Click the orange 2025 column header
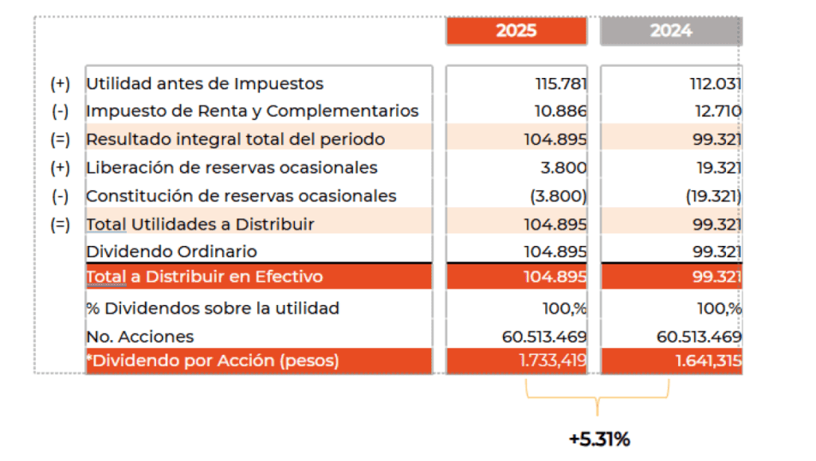(516, 31)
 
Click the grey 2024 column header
(670, 31)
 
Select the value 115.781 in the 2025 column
(561, 84)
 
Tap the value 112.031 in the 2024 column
(715, 84)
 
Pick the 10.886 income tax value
(561, 111)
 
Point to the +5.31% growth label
(598, 439)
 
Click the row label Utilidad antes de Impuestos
(204, 84)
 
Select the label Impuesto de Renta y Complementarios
(252, 111)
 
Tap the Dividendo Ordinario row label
(171, 252)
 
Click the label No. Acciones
(139, 337)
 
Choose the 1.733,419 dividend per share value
(552, 361)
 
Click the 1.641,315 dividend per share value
(708, 361)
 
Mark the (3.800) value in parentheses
(558, 196)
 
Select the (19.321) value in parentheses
(713, 196)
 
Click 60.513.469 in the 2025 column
(544, 337)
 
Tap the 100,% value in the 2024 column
(720, 308)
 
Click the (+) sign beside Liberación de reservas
(60, 168)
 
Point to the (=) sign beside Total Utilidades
(60, 225)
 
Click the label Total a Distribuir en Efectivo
(204, 277)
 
